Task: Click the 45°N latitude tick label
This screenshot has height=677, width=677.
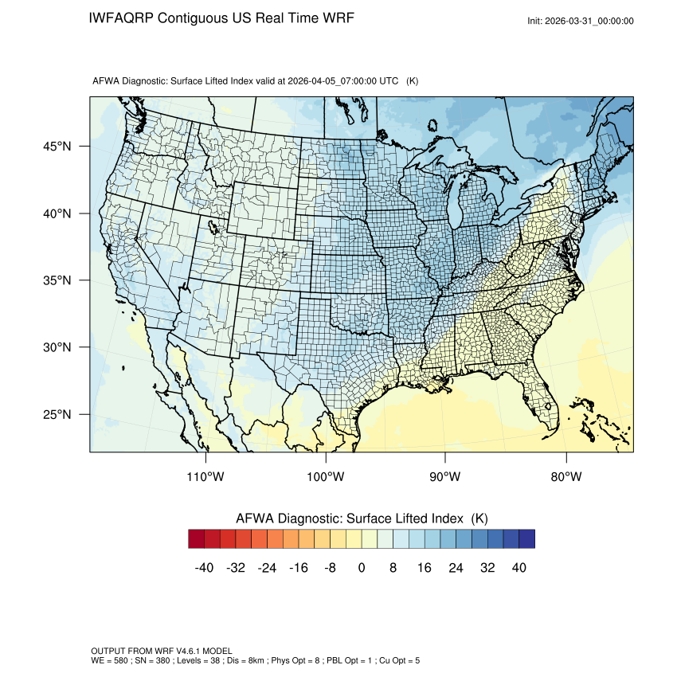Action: (x=57, y=147)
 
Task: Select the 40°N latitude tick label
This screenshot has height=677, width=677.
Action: (x=57, y=213)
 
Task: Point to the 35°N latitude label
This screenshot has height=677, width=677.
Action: (x=57, y=280)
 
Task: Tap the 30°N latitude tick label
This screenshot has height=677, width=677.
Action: (x=57, y=347)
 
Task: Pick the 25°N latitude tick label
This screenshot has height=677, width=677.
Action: (x=57, y=414)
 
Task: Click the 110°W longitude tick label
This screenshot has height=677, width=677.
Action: (x=206, y=477)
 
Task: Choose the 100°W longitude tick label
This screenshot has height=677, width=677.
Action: (x=326, y=477)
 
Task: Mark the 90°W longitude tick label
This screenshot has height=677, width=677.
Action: (x=445, y=477)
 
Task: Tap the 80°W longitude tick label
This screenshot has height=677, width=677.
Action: (x=565, y=477)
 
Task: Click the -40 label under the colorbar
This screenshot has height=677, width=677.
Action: (x=204, y=568)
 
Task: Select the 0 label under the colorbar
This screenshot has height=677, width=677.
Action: (x=362, y=568)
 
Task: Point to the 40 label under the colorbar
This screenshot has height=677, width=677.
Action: (x=519, y=568)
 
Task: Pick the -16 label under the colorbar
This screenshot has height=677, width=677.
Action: (x=299, y=568)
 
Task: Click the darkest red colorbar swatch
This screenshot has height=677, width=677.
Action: (x=197, y=539)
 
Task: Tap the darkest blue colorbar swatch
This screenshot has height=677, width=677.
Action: (x=526, y=539)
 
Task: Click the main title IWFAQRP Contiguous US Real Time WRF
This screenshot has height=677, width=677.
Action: (x=221, y=18)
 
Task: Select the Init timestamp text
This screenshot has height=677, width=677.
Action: (x=581, y=22)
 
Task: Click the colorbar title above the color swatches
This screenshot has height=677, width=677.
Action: (x=362, y=518)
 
